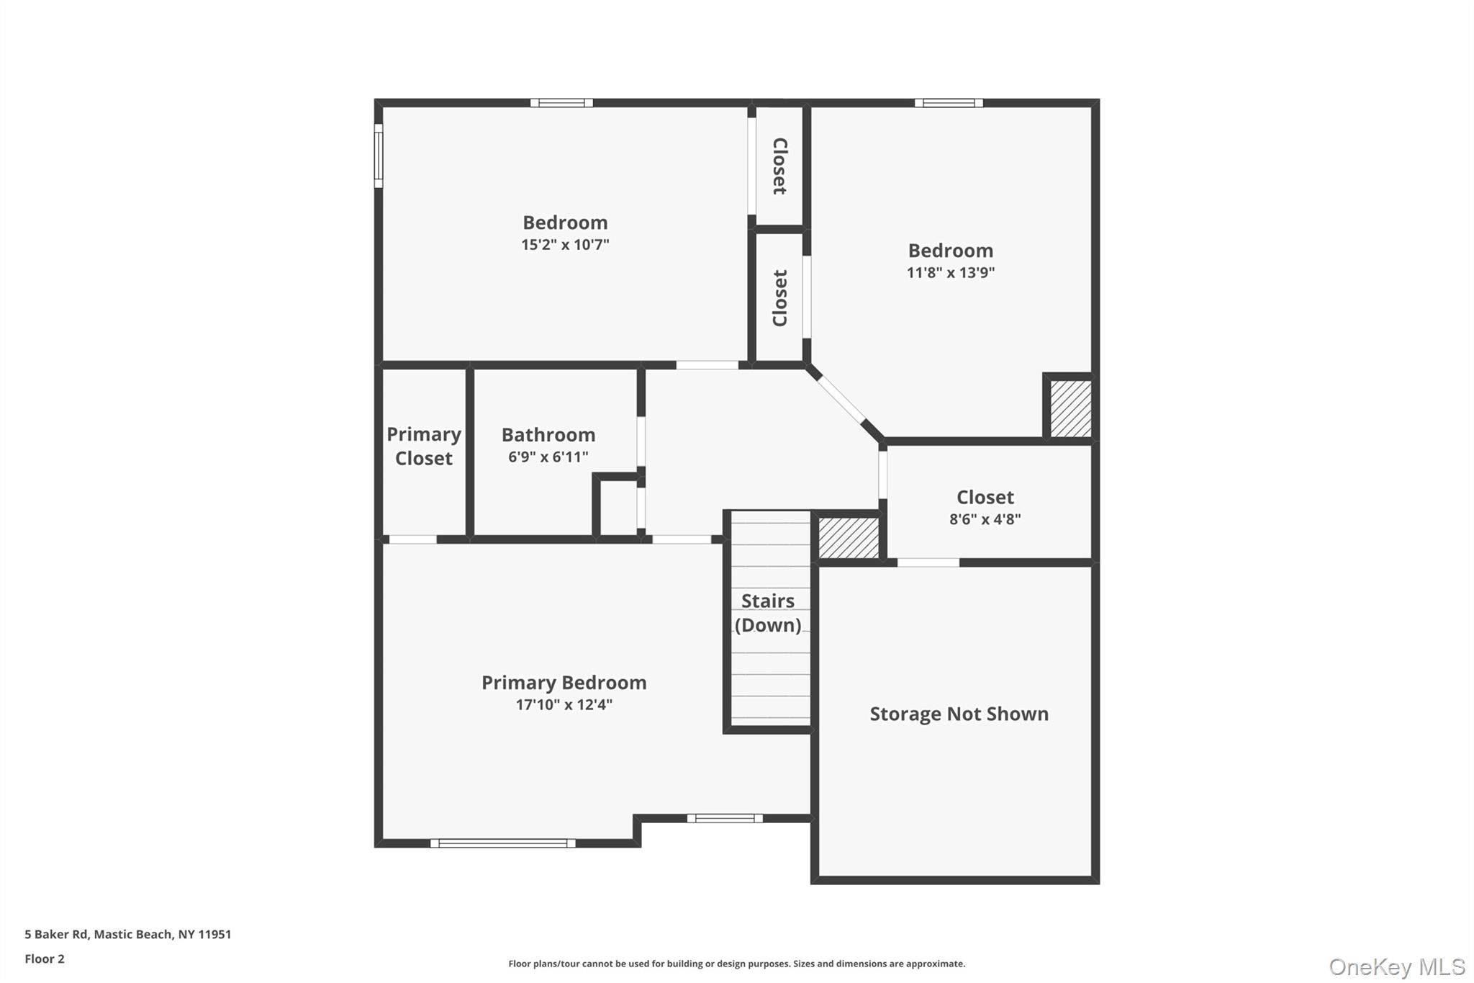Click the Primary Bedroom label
pyautogui.click(x=564, y=683)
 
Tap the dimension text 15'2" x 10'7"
pyautogui.click(x=565, y=245)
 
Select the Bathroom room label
pyautogui.click(x=548, y=435)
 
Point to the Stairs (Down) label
pyautogui.click(x=768, y=613)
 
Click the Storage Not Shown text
pyautogui.click(x=959, y=714)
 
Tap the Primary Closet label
pyautogui.click(x=424, y=446)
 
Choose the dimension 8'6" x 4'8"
pyautogui.click(x=985, y=519)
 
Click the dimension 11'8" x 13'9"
pyautogui.click(x=950, y=273)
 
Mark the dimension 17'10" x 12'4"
pyautogui.click(x=564, y=704)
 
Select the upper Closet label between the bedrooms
pyautogui.click(x=779, y=166)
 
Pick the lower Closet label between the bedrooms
pyautogui.click(x=779, y=298)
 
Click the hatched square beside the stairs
pyautogui.click(x=849, y=537)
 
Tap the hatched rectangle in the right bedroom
pyautogui.click(x=1070, y=408)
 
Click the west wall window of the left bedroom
pyautogui.click(x=379, y=156)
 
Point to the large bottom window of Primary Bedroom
pyautogui.click(x=502, y=843)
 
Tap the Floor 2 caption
pyautogui.click(x=45, y=959)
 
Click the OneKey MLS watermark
pyautogui.click(x=1396, y=966)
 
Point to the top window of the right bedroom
pyautogui.click(x=949, y=103)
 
